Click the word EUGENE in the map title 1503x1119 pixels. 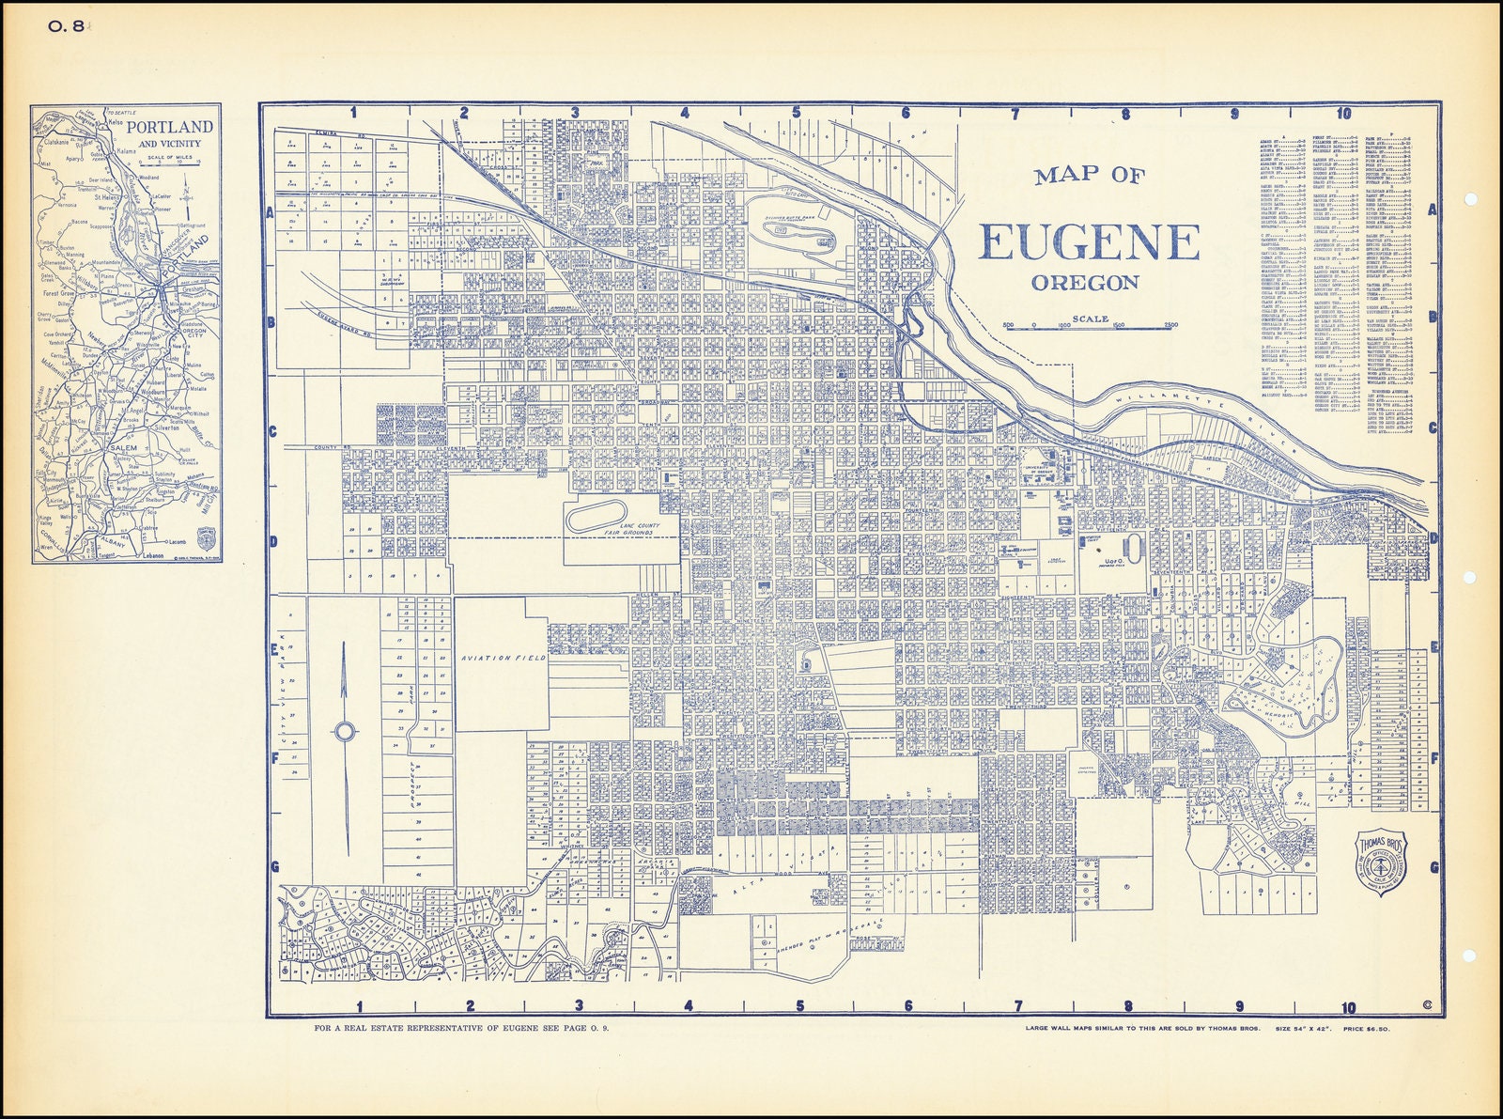1090,242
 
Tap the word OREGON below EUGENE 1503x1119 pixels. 1085,283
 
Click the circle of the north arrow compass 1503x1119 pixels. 344,731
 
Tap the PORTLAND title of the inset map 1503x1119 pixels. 170,127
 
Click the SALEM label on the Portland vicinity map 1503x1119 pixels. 124,449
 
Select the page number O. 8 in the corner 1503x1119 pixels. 65,27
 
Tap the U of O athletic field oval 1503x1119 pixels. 1131,547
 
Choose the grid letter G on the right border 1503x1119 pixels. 1433,867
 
